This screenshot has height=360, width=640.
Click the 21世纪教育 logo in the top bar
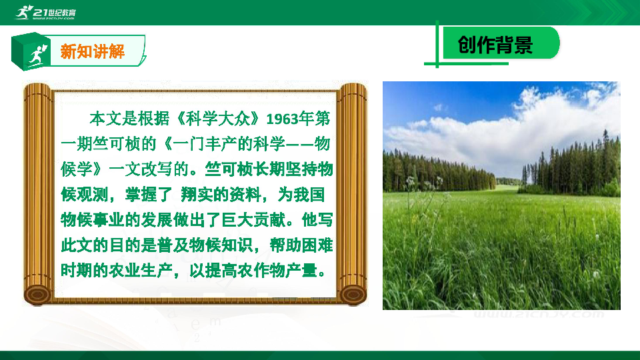click(45, 12)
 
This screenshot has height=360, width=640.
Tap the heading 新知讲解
click(93, 51)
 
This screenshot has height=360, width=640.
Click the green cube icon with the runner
click(31, 51)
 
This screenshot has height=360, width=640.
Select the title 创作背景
click(495, 45)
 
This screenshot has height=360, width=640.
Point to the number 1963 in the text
click(282, 119)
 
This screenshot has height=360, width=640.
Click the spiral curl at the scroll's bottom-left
click(37, 294)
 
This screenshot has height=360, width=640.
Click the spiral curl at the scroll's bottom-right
click(353, 294)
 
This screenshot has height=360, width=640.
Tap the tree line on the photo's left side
click(437, 172)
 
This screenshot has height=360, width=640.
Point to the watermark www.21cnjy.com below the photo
click(539, 314)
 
